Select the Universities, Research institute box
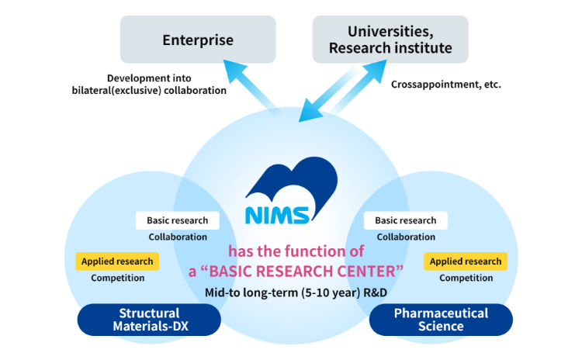point(390,39)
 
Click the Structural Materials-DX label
point(154,320)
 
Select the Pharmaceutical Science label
point(441,319)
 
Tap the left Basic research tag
point(177,220)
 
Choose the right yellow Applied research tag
point(466,261)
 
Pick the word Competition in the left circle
point(118,278)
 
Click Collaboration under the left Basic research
point(178,237)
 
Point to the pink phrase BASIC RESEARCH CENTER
point(310,272)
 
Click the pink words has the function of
point(295,252)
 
